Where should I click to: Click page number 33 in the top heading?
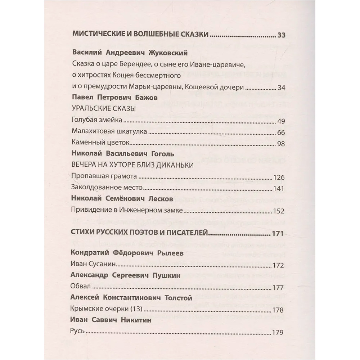coord(281,35)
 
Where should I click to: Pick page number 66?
coord(281,132)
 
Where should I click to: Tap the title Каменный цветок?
coord(96,143)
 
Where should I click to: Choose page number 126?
coord(279,177)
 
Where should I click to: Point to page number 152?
coord(279,211)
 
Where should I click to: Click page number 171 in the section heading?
coord(278,233)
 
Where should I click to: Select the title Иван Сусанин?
coord(93,265)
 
